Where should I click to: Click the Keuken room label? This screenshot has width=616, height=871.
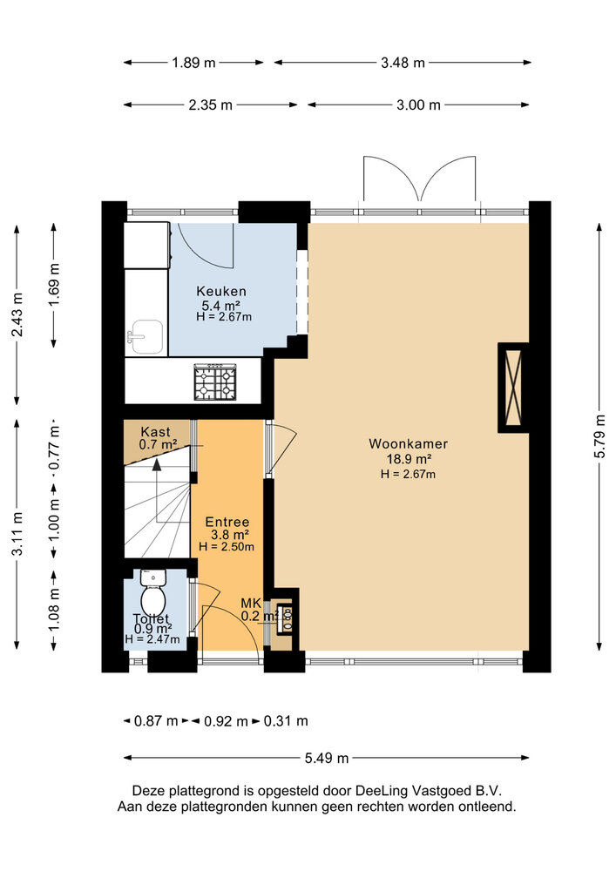[221, 291]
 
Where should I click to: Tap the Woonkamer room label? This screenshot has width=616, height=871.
[409, 444]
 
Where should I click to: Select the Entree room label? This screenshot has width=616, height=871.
[227, 522]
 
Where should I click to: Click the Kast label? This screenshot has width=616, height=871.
[156, 432]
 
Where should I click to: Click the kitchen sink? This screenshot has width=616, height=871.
[146, 337]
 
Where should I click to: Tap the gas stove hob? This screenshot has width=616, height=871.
[215, 381]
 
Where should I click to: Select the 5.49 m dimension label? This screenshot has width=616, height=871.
[327, 758]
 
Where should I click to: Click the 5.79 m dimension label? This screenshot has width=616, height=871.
[599, 436]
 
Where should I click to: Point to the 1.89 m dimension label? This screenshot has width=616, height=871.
[193, 63]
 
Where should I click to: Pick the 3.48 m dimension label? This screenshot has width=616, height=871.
[403, 63]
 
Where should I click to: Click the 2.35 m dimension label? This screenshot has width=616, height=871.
[210, 105]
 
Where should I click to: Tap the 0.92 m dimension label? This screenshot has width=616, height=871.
[226, 721]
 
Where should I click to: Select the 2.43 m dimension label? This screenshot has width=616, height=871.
[17, 314]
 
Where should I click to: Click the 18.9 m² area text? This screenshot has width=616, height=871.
[409, 459]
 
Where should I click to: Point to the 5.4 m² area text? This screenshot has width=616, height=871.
[221, 305]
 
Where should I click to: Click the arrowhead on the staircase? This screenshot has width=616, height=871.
[157, 465]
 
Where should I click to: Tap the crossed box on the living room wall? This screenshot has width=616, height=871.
[513, 388]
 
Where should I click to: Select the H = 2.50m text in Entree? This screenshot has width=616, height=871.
[227, 547]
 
